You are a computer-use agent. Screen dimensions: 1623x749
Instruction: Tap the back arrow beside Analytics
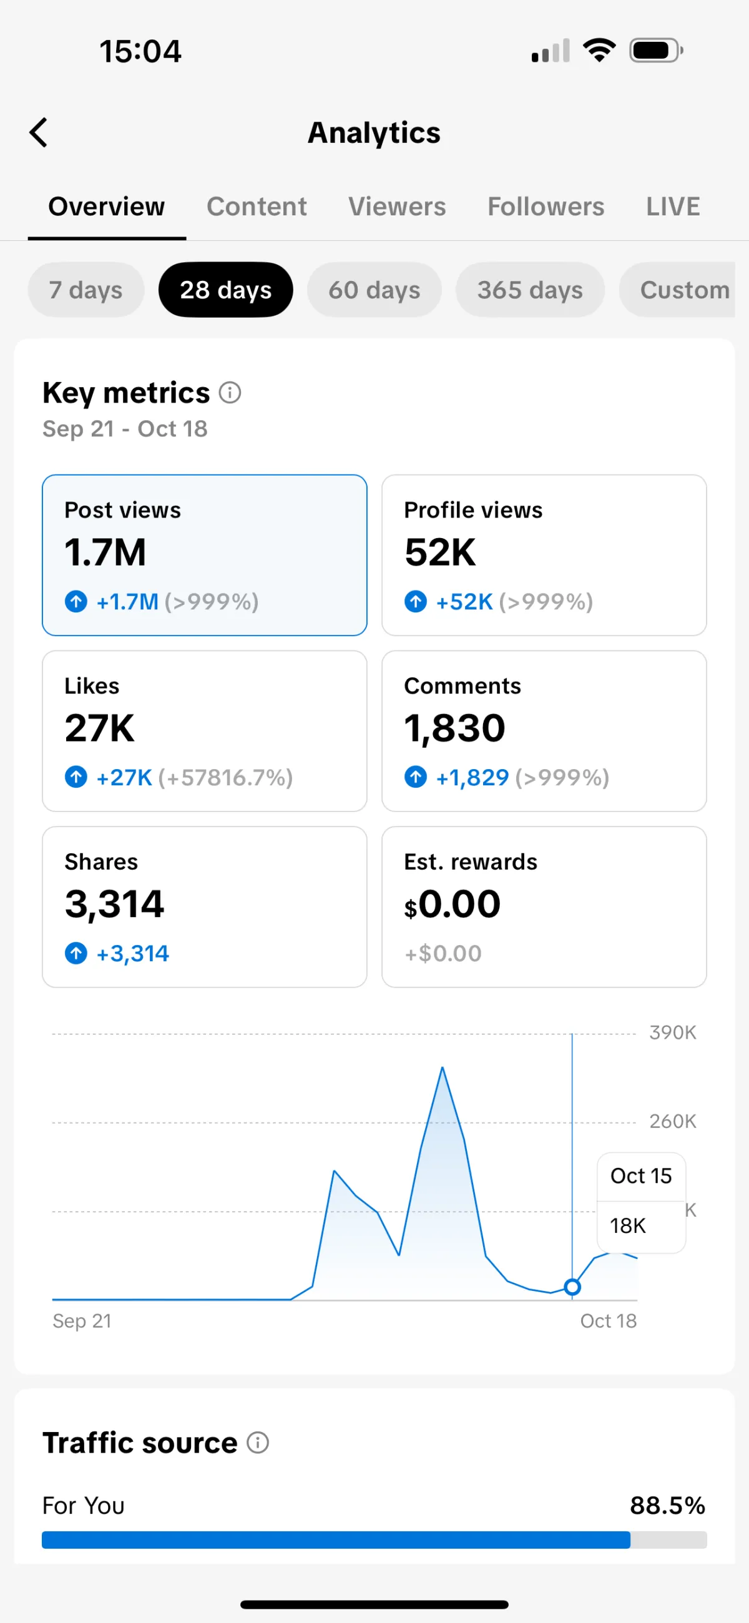click(x=39, y=132)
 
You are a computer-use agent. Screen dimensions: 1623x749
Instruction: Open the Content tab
click(x=257, y=207)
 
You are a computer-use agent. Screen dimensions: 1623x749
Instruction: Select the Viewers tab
click(x=397, y=207)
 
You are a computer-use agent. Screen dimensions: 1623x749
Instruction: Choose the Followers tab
click(x=546, y=207)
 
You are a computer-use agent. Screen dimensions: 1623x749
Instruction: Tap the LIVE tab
click(x=673, y=207)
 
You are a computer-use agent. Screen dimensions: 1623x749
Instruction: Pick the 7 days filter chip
click(x=86, y=290)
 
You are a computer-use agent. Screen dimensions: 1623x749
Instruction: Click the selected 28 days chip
click(x=225, y=290)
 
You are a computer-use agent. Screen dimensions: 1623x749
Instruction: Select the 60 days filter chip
click(x=374, y=290)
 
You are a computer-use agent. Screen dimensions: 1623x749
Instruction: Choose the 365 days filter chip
click(x=530, y=290)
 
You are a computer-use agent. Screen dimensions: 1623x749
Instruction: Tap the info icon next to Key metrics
click(x=230, y=393)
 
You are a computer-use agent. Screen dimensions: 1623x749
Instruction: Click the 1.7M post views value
click(x=105, y=552)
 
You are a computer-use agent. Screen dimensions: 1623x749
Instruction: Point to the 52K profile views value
click(x=439, y=552)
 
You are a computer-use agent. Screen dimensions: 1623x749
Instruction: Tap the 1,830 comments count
click(x=454, y=728)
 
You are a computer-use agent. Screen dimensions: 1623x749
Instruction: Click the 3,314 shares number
click(x=114, y=904)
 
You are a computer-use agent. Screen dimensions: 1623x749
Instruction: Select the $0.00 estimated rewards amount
click(x=453, y=904)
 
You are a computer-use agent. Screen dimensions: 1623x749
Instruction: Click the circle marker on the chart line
click(x=572, y=1287)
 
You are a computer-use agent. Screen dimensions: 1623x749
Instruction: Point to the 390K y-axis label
click(x=672, y=1032)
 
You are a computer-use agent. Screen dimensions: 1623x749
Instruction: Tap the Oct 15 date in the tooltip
click(x=640, y=1175)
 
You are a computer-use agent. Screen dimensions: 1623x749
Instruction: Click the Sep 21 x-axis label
click(x=82, y=1321)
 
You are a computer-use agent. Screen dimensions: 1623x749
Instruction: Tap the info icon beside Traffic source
click(x=258, y=1442)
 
